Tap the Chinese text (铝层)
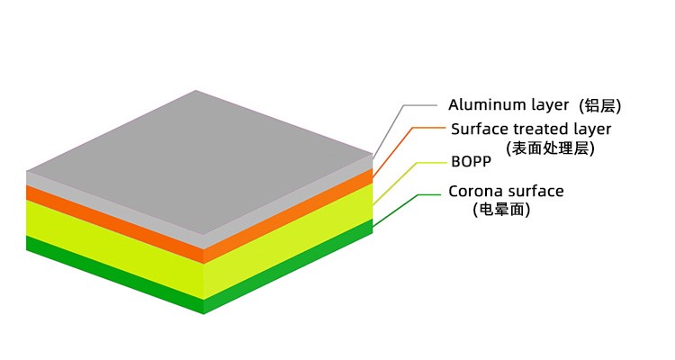click(600, 106)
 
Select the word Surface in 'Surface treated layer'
click(478, 130)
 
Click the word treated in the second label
click(538, 130)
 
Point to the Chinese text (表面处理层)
click(551, 148)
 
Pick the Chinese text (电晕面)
click(501, 211)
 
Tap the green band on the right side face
click(288, 282)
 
